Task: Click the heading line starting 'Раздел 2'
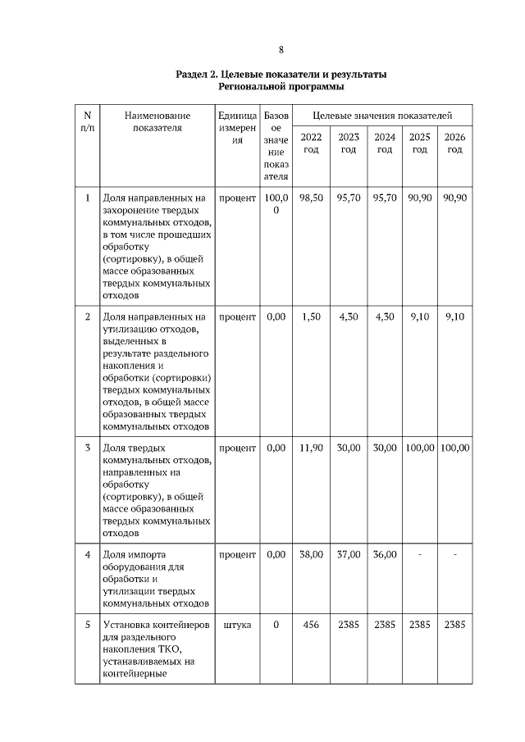pos(281,75)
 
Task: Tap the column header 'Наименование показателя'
pos(157,122)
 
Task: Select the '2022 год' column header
pos(311,143)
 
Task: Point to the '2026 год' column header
pos(454,143)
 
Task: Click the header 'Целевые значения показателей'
pos(382,116)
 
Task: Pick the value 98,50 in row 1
pos(311,198)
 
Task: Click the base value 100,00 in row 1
pos(276,204)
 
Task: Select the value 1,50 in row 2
pos(311,316)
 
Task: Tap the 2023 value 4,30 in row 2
pos(349,316)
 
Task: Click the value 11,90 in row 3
pos(311,448)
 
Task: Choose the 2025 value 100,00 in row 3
pos(419,448)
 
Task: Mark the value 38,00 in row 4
pos(311,554)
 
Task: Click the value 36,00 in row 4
pos(384,554)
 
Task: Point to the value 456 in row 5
pos(311,625)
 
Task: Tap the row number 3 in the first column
pos(88,448)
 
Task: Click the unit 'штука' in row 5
pos(237,625)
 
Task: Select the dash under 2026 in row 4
pos(454,554)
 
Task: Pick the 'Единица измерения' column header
pos(237,128)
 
